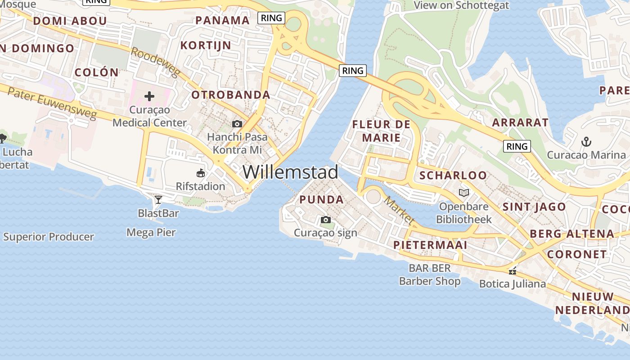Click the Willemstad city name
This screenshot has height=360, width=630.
(290, 172)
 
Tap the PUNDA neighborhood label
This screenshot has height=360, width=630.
(321, 200)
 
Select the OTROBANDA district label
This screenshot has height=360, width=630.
(230, 95)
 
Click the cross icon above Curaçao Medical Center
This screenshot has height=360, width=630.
(149, 96)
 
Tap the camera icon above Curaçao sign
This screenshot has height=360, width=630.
(325, 220)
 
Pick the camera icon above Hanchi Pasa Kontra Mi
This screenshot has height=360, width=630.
(237, 124)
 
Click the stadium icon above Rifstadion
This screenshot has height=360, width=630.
(201, 173)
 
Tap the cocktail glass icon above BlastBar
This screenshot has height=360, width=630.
(158, 199)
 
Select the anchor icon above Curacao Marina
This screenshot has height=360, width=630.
(586, 142)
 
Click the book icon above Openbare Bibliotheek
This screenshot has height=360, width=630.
(463, 193)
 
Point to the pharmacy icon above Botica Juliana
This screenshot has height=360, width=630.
(512, 271)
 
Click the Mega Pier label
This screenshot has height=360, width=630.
(151, 233)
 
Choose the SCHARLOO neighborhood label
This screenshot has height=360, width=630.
(453, 175)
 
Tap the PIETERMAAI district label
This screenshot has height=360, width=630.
(430, 245)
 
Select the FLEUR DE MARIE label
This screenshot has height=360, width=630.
(381, 131)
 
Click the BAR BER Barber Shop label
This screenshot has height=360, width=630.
(430, 275)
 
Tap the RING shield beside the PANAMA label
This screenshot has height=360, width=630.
(271, 18)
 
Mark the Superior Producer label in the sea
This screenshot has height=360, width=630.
(49, 237)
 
